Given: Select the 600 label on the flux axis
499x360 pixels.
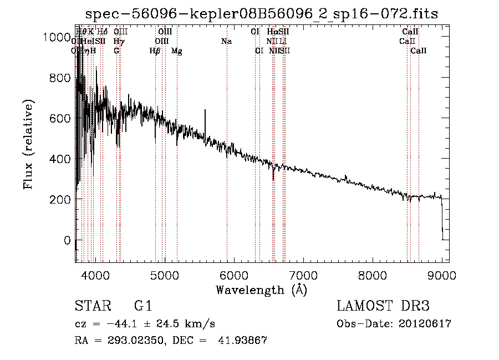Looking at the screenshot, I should point(58,118).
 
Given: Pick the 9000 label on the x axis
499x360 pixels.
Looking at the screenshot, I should point(442,275).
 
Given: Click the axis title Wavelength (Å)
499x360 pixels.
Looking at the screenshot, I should point(261,290).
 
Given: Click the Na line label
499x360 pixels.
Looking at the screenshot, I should point(226,41).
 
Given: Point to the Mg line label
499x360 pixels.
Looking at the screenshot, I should point(177,51).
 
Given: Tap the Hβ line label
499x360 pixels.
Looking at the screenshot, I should point(155,51).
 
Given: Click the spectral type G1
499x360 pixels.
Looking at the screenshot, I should point(143,306).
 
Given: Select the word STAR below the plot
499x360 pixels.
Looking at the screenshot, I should point(91,306).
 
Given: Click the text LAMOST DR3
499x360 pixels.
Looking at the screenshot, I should point(383,306).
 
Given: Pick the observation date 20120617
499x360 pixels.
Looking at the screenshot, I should point(425,324).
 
